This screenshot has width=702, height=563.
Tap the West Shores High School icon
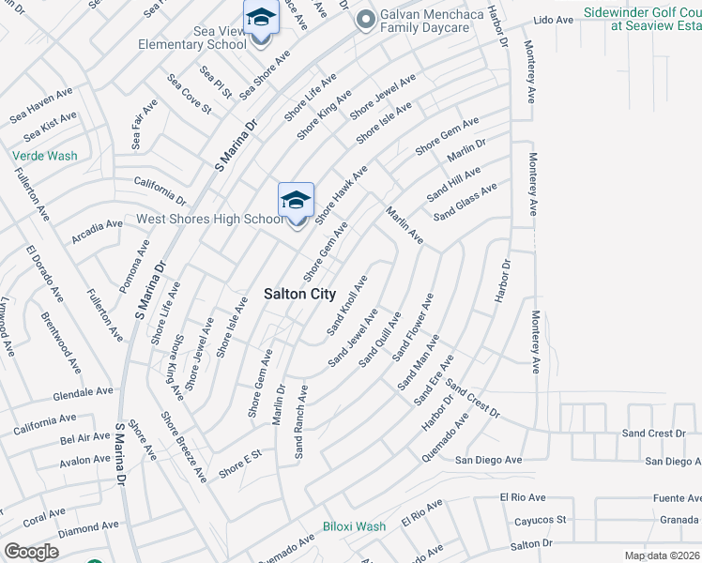click(x=296, y=202)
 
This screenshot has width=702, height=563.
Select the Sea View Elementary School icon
click(x=260, y=19)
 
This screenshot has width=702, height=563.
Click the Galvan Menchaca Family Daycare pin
click(x=365, y=19)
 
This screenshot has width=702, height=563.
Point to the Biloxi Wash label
click(x=354, y=526)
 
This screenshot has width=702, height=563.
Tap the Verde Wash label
click(x=44, y=156)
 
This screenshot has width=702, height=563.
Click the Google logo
click(x=32, y=552)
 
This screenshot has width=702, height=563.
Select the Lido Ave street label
click(x=552, y=20)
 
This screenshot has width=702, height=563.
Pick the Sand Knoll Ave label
click(x=347, y=306)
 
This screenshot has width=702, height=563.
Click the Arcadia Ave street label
click(x=98, y=225)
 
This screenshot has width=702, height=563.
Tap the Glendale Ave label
click(x=83, y=392)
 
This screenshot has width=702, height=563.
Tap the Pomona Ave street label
click(x=135, y=266)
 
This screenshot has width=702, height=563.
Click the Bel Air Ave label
click(x=84, y=438)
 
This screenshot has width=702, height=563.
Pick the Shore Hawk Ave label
click(x=342, y=195)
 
